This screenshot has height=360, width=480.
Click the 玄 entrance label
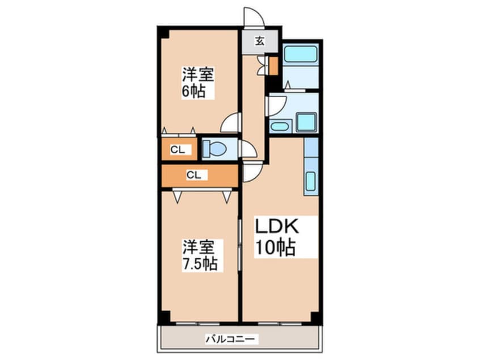[259, 40]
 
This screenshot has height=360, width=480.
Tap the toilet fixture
[214, 149]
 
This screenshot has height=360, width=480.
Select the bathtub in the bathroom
[300, 55]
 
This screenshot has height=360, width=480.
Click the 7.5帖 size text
[200, 264]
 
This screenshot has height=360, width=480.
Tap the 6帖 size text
[193, 91]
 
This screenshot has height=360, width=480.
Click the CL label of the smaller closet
[178, 150]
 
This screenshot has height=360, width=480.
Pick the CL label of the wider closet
[193, 175]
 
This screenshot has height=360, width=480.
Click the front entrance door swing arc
[251, 16]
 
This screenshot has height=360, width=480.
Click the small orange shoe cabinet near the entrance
[273, 66]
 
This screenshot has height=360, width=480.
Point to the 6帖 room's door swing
[232, 123]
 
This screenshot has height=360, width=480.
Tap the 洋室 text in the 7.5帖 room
[199, 247]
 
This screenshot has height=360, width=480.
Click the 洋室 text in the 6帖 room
[198, 74]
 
